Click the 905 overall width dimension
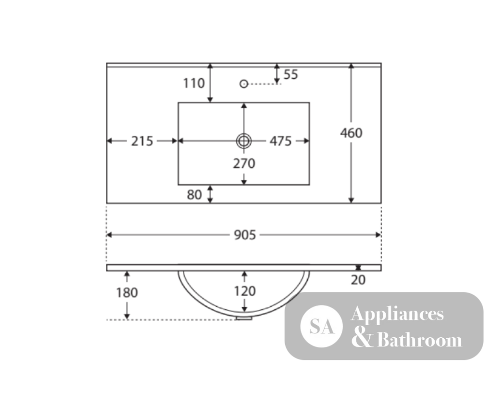[245, 235]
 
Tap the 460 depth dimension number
[351, 133]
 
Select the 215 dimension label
[142, 141]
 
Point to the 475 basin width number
[281, 141]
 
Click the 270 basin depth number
[244, 164]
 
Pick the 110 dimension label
[194, 83]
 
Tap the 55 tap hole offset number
[291, 74]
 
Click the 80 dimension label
[195, 195]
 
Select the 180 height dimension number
[127, 293]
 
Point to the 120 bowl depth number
[245, 291]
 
